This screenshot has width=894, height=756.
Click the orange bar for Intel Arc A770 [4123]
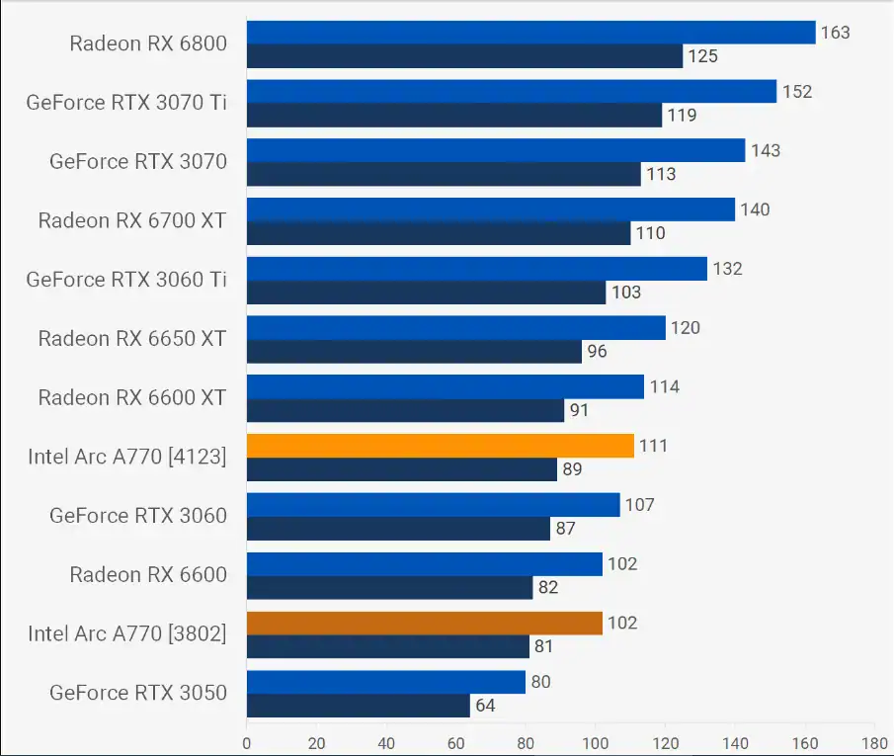tap(440, 446)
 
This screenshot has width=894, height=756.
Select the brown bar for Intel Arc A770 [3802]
tap(424, 623)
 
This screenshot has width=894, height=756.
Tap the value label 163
tap(835, 33)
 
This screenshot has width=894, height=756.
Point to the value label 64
tap(484, 706)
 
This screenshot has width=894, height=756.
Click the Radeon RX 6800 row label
tap(148, 42)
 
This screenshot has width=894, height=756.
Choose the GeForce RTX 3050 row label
tap(138, 692)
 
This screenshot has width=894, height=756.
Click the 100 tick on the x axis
tap(596, 742)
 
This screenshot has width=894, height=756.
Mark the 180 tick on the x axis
tap(874, 742)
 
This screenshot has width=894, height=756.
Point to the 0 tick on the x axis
tap(247, 742)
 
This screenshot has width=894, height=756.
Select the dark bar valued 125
tap(464, 56)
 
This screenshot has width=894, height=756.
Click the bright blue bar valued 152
tap(511, 91)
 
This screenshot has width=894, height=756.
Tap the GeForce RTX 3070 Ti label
tap(126, 102)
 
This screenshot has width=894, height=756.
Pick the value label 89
tap(571, 469)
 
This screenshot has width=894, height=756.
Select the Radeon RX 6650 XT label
tap(132, 338)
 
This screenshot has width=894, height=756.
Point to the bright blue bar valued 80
tap(385, 682)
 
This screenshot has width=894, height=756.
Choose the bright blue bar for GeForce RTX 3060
tap(433, 505)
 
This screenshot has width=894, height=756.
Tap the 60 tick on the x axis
tap(455, 742)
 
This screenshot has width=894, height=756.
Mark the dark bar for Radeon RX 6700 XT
tap(438, 233)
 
